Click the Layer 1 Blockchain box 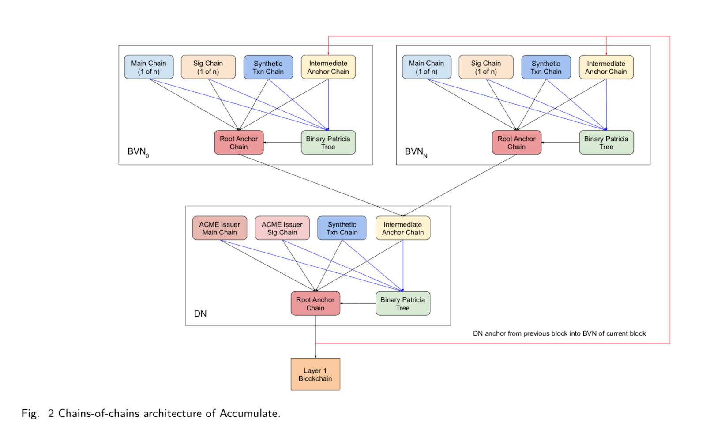315,374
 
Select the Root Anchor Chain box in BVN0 239,142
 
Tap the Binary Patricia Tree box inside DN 402,303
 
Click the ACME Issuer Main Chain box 219,228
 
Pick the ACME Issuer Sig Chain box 282,228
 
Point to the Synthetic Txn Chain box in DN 342,228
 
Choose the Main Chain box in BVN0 149,67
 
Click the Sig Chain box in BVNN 486,67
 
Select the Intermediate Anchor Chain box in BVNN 606,67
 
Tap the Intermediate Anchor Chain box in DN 402,228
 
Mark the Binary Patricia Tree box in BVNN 606,142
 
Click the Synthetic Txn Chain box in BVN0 268,67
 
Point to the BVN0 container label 138,151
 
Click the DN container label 200,314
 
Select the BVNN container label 416,151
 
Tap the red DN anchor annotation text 559,333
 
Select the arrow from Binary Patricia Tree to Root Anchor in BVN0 282,142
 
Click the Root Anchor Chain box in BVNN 516,142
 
